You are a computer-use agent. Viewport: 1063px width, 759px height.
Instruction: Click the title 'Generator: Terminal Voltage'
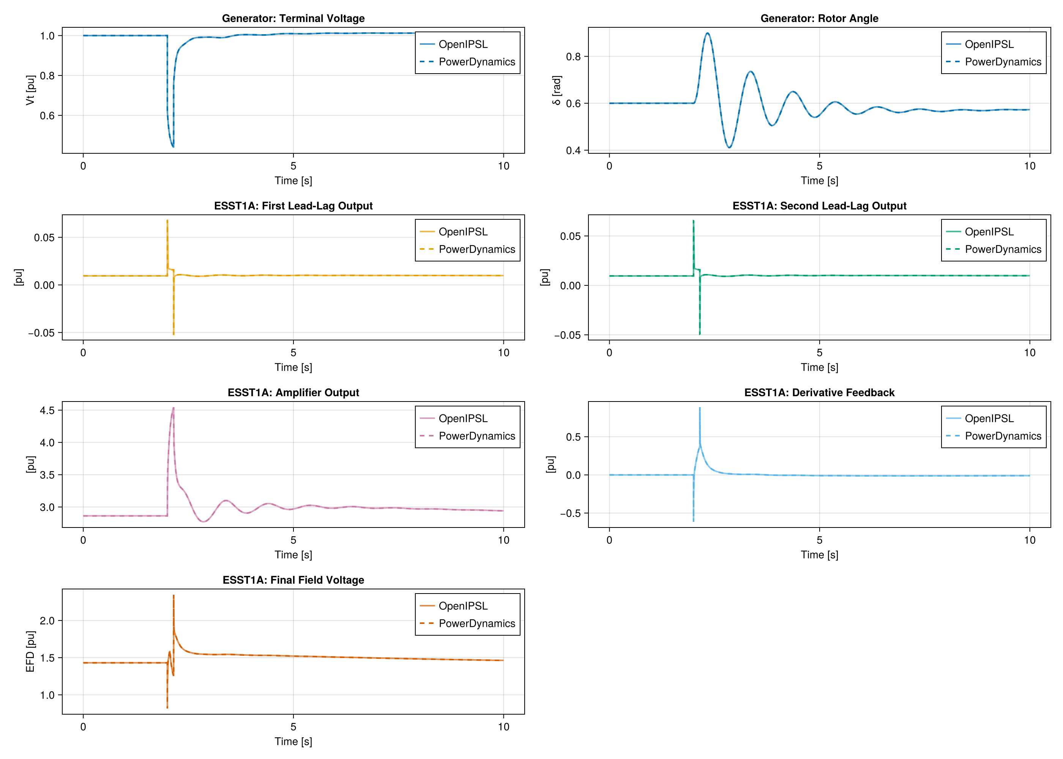(x=293, y=18)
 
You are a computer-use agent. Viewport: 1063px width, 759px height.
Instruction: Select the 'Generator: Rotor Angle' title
(x=819, y=18)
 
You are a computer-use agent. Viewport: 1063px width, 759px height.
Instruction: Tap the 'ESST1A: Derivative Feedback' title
(x=819, y=392)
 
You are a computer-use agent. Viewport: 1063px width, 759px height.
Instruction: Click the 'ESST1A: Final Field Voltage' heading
(x=293, y=580)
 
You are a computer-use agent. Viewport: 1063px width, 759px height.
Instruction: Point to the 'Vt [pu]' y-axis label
(x=30, y=90)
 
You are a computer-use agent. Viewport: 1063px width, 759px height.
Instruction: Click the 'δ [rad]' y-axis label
(x=556, y=90)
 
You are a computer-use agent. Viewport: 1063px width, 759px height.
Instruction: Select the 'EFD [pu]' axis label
(x=30, y=652)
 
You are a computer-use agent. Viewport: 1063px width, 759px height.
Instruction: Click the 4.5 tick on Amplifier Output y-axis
(x=47, y=410)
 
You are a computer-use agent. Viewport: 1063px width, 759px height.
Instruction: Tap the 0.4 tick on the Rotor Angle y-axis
(x=573, y=151)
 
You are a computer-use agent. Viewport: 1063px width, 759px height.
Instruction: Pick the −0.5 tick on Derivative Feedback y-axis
(x=568, y=513)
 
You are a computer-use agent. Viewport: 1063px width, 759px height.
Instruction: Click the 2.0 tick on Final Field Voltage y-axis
(x=47, y=620)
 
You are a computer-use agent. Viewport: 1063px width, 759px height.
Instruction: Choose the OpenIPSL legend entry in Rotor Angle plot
(x=989, y=44)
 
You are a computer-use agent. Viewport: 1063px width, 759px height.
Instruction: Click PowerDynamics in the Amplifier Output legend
(x=476, y=436)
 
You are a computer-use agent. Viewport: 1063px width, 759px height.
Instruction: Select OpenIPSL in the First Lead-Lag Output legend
(x=463, y=232)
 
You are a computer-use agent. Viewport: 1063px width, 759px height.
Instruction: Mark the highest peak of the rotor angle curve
(x=708, y=33)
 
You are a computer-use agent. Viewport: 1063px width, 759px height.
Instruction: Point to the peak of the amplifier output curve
(x=173, y=408)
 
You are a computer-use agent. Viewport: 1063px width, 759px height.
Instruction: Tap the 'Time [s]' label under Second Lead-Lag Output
(x=819, y=367)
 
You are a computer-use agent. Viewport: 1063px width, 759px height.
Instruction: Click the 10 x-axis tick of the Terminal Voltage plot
(x=503, y=166)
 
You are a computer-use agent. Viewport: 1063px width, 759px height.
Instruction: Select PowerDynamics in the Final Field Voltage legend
(x=476, y=624)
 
